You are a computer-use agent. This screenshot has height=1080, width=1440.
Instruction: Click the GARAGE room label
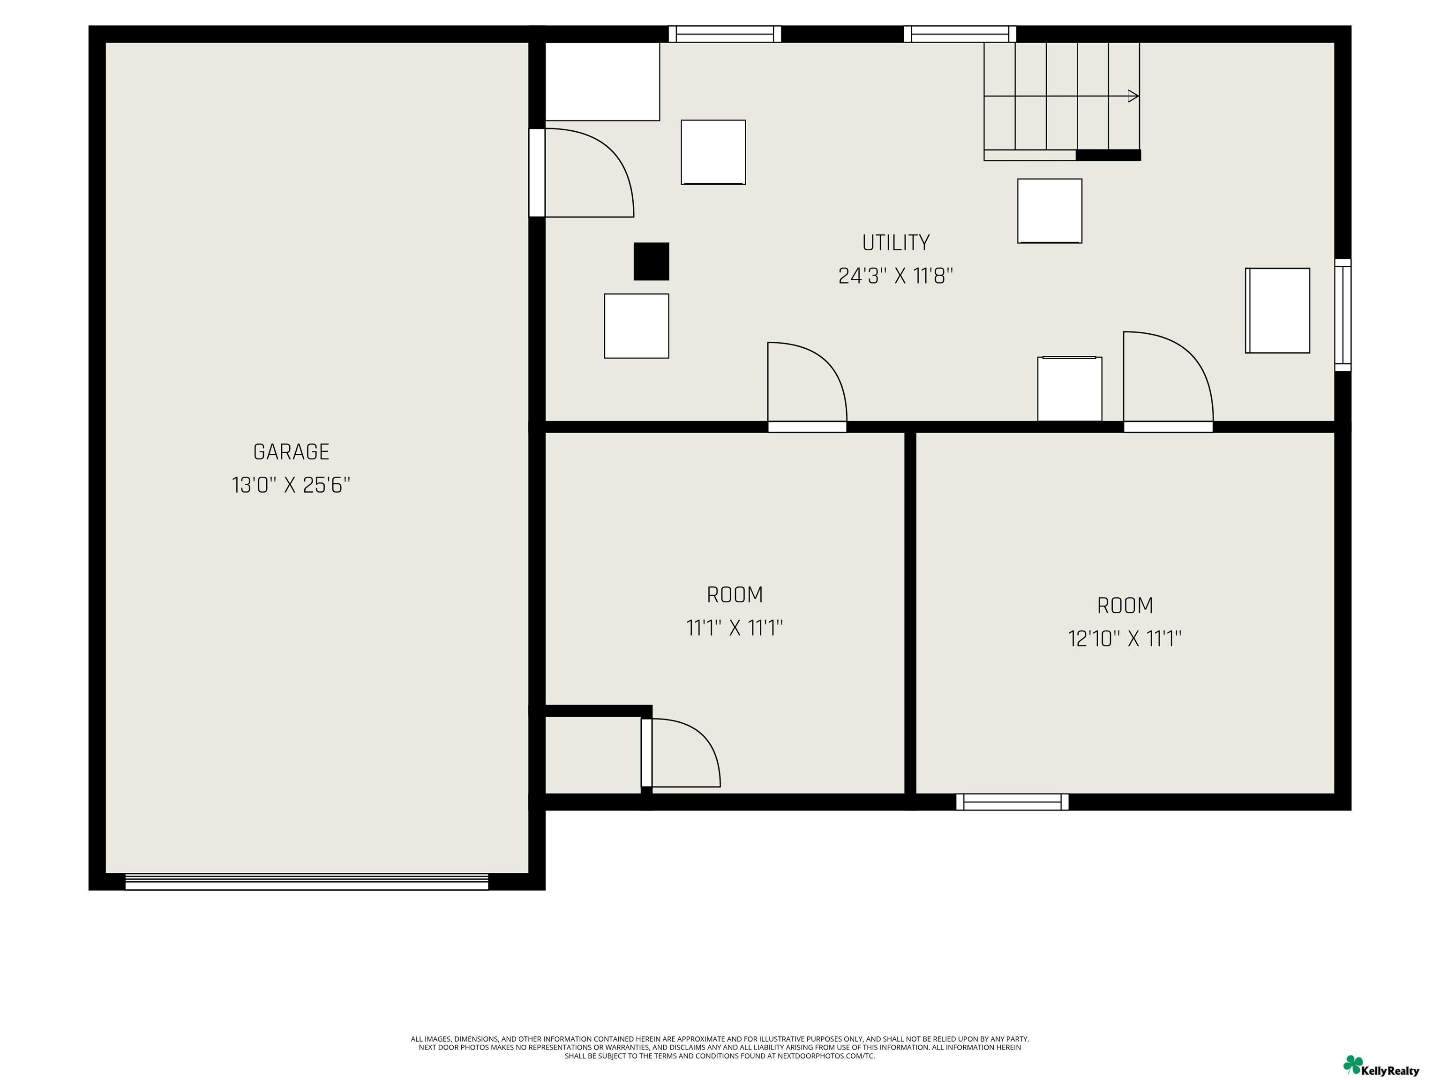pos(291,452)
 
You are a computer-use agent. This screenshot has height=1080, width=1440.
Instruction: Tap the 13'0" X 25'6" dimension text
pos(291,486)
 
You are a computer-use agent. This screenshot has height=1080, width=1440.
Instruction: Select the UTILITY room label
pos(896,243)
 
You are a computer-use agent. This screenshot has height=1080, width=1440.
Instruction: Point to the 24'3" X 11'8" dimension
pos(896,276)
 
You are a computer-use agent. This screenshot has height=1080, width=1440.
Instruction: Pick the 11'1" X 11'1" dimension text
pos(735,628)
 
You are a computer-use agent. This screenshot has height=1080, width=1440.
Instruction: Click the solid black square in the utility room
pos(652,262)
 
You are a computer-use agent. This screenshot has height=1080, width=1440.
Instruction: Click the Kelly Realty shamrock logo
pos(1353,1065)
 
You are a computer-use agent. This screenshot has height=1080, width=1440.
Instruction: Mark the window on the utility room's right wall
pos(1343,315)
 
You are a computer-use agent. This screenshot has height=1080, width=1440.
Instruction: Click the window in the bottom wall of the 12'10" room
pos(1012,802)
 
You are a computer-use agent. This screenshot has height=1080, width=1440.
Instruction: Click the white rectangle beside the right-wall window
pos(1277,310)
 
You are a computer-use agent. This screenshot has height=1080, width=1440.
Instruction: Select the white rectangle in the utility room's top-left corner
pos(602,82)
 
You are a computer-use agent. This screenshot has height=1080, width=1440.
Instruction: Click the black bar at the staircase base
pos(1108,155)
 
